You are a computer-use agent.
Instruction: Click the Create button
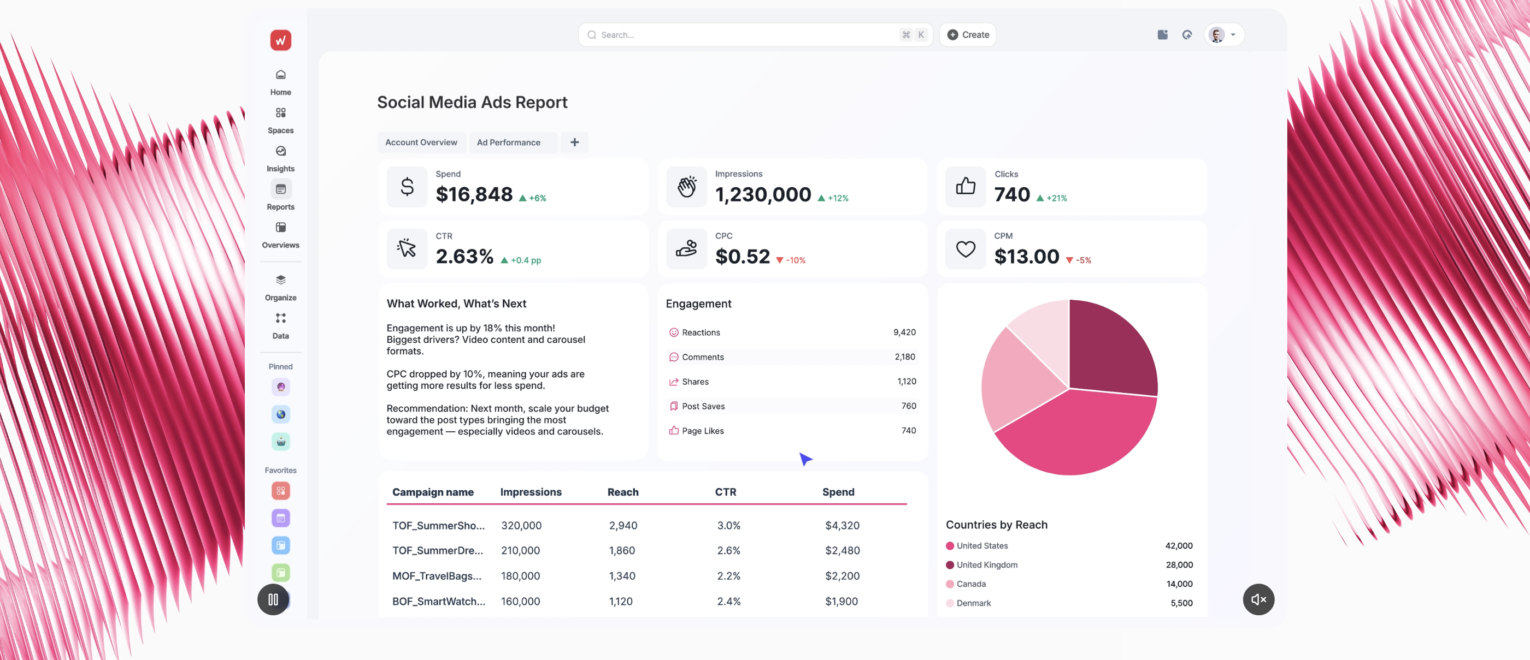968,35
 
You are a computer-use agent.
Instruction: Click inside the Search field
743,35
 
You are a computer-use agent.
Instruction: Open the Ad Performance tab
508,142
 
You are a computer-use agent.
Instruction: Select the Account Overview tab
421,142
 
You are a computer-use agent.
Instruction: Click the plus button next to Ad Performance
574,142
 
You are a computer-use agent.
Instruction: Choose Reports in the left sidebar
280,196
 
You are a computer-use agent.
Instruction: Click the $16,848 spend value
474,194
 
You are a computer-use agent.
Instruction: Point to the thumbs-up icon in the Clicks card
965,187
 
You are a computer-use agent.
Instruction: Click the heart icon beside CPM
965,249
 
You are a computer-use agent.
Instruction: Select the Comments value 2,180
904,356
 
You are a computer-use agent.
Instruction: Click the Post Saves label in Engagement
703,406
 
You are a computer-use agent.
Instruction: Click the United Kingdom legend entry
986,564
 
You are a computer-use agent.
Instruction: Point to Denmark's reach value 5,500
1181,603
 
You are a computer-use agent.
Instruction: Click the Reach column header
622,492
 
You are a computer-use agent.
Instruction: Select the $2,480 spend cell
841,550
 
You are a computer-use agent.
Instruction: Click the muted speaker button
1258,599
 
